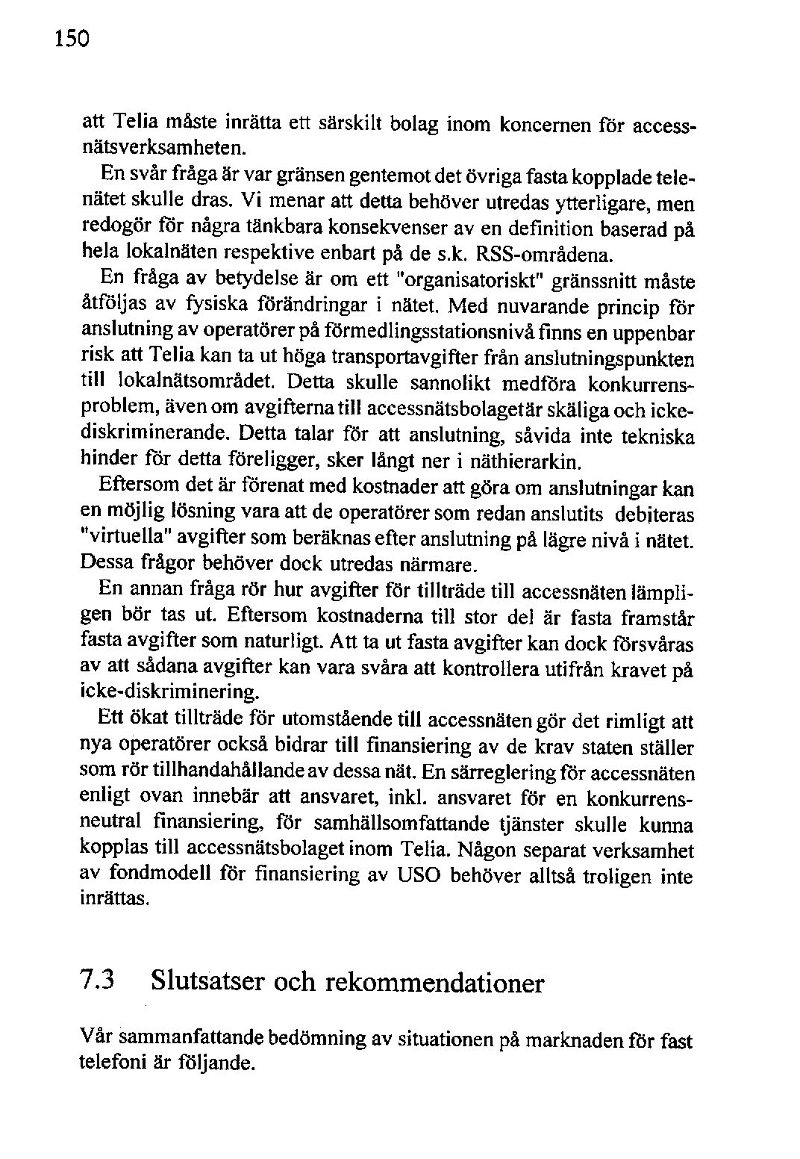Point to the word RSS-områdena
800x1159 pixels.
point(544,255)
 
